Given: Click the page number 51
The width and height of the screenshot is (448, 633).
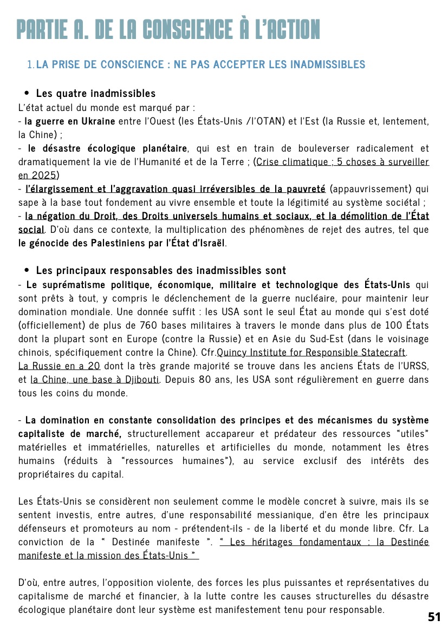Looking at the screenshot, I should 434,617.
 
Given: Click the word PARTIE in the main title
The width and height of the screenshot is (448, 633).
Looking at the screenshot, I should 45,29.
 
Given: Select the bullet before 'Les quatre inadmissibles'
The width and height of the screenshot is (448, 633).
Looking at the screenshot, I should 27,94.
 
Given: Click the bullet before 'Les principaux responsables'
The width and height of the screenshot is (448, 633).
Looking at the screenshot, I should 27,270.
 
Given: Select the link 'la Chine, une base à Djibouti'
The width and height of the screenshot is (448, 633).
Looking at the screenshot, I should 95,380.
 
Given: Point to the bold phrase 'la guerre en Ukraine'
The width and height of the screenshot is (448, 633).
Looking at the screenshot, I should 70,121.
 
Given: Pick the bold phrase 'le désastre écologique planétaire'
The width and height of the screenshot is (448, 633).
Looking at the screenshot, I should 108,148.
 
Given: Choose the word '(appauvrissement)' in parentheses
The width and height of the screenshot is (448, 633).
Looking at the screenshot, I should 366,189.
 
